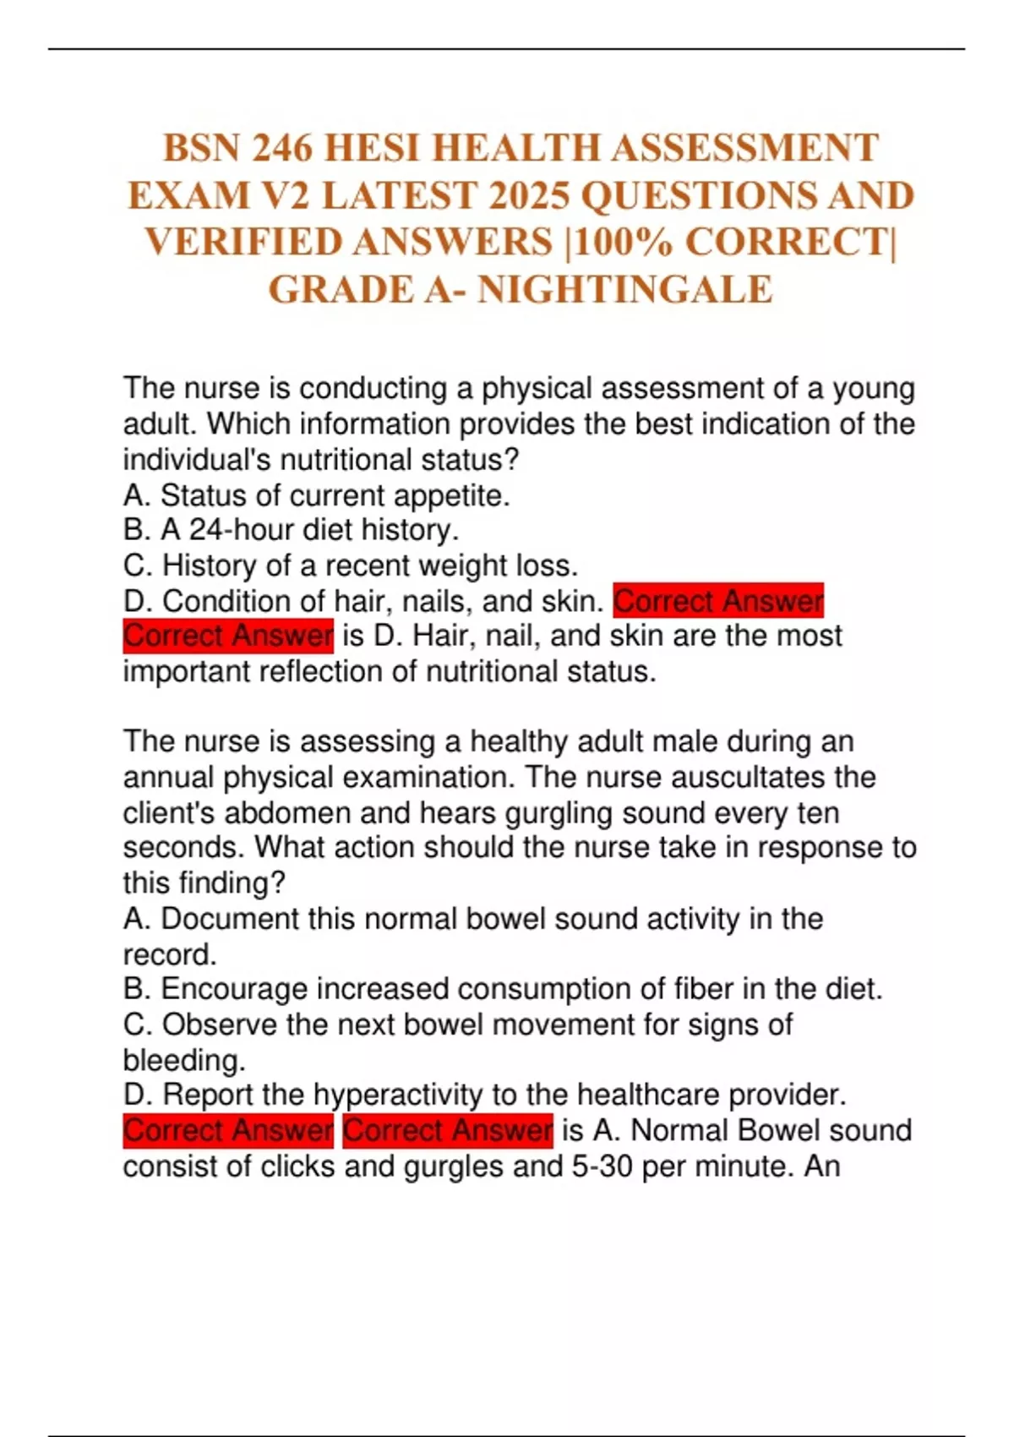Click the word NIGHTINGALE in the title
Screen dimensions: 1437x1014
[625, 290]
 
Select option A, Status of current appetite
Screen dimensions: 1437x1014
[317, 495]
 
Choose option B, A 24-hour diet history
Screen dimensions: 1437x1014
[292, 530]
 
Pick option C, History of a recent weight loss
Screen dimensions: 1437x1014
[351, 566]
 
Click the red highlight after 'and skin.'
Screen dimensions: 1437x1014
[718, 601]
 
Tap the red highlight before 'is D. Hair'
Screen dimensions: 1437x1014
[228, 636]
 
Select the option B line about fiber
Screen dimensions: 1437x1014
[503, 989]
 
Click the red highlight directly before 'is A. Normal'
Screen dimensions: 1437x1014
[448, 1131]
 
